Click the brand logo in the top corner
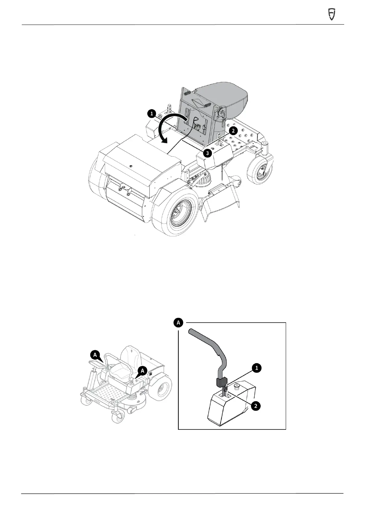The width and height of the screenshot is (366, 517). point(331,14)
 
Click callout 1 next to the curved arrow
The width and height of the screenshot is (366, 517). point(151,114)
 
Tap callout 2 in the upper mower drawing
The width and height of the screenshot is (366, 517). point(233,131)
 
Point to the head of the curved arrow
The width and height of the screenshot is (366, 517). point(165,142)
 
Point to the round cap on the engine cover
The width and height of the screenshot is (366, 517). point(131,166)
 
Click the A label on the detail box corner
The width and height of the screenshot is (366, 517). point(178,323)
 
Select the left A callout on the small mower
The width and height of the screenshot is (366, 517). point(95,355)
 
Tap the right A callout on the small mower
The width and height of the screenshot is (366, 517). point(142,371)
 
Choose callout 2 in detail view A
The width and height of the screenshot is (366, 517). point(256,406)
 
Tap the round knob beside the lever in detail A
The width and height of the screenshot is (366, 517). point(237,385)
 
